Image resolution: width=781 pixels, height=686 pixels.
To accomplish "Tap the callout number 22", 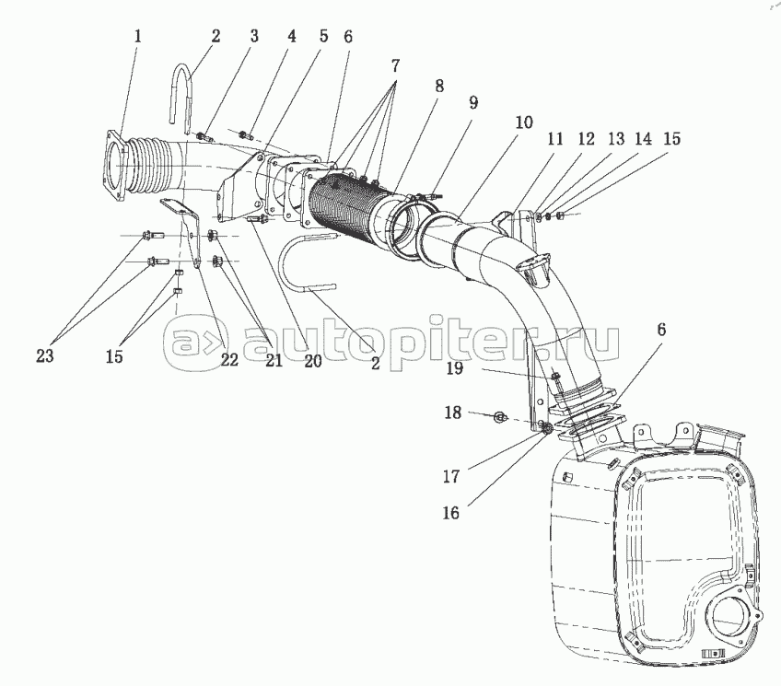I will [x=228, y=359].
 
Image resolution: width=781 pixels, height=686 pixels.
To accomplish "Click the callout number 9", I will [x=473, y=102].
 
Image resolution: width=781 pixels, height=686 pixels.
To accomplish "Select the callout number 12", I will [x=586, y=139].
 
